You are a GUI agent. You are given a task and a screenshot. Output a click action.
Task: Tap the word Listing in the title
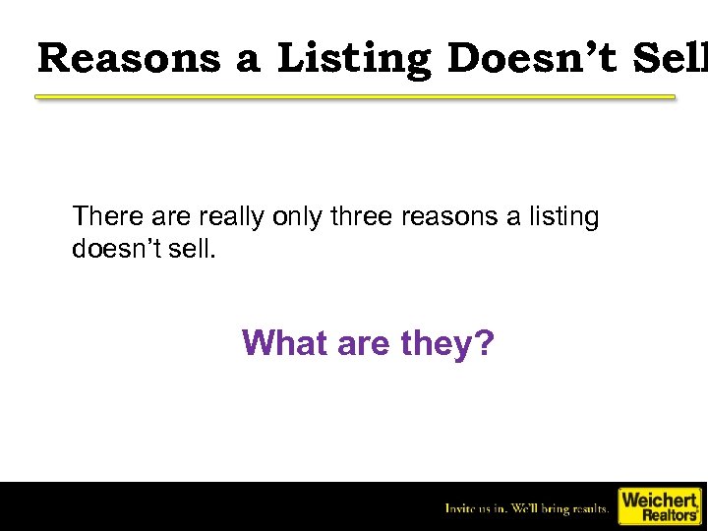click(354, 58)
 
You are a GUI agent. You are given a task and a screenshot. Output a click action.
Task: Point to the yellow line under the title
click(355, 97)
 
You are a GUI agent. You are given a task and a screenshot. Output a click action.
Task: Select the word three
click(361, 216)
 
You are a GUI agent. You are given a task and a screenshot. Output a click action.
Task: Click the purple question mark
click(486, 343)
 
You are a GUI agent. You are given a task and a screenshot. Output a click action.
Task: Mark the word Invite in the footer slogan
click(461, 508)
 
